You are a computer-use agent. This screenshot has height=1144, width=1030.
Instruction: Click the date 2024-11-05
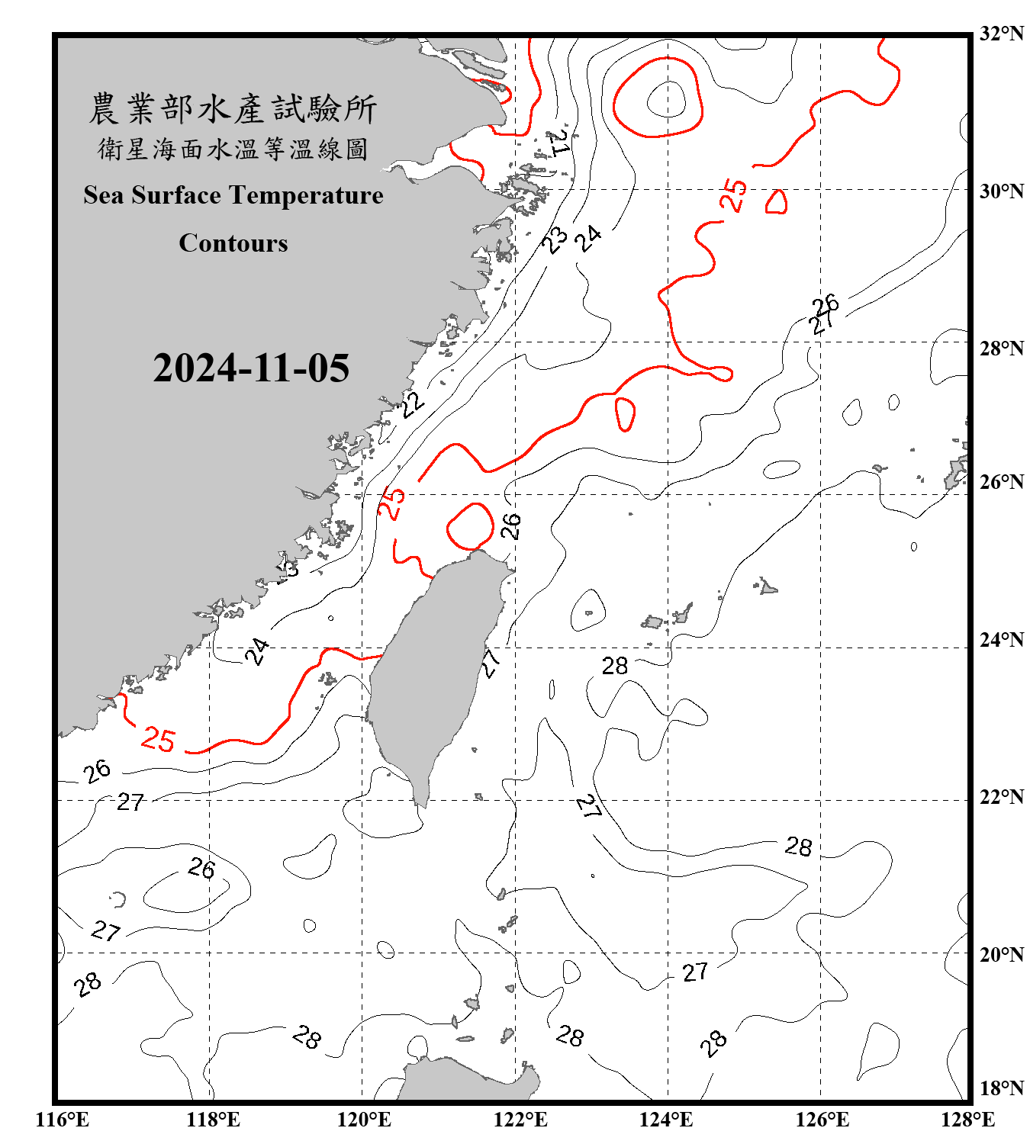[251, 368]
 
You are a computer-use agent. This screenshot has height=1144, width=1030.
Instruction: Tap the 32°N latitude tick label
[1001, 34]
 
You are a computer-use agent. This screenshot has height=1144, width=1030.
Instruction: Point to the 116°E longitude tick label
[62, 1120]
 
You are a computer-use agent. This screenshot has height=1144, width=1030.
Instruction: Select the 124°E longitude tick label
[667, 1120]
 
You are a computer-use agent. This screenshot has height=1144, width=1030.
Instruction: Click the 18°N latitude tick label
[1001, 1088]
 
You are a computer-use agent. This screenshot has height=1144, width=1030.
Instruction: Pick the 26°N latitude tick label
[1001, 482]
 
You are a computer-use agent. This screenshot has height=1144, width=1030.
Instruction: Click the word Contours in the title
[233, 243]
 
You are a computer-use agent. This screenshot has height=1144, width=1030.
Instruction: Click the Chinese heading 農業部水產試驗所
[233, 109]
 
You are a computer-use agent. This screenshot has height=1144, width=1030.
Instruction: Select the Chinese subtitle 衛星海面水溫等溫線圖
[233, 149]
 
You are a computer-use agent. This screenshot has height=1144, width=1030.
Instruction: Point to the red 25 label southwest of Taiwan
[159, 739]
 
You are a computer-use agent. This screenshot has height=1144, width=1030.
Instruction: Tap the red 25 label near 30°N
[734, 194]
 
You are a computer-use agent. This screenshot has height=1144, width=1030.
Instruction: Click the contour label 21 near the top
[559, 142]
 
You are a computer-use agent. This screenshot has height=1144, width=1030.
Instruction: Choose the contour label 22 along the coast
[412, 403]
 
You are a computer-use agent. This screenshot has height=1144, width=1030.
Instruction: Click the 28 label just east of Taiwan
[615, 667]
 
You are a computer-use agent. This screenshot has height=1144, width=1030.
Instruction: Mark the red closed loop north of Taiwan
[471, 526]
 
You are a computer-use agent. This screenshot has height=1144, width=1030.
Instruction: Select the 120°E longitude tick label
[364, 1120]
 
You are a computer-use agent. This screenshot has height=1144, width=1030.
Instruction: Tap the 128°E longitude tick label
[967, 1120]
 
